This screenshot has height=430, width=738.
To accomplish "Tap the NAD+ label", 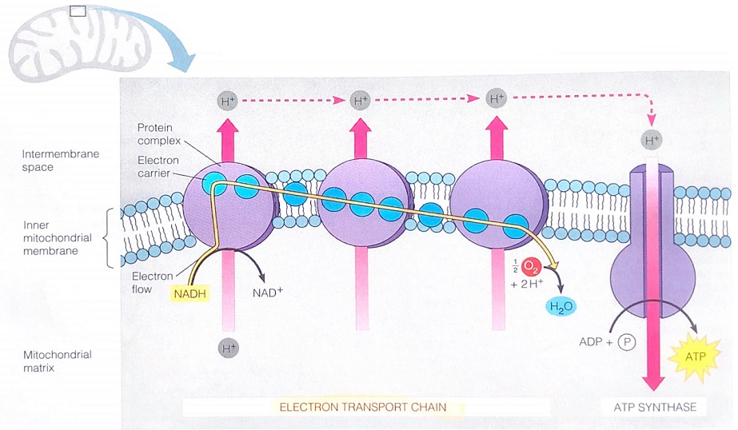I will point(268,292).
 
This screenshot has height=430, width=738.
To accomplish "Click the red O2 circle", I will point(533,268).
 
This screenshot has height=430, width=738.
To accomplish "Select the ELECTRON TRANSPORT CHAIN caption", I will point(362,407).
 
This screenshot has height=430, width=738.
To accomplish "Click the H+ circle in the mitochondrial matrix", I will point(228,348).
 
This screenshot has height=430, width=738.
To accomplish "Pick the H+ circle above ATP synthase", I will point(652,141).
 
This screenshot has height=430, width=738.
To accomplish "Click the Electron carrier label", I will point(154,166).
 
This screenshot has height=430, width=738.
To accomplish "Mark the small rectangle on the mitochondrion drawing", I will point(78,11).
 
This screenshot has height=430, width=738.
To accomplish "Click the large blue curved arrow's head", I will point(186,62).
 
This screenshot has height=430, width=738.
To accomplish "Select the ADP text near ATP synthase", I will point(589,342).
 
